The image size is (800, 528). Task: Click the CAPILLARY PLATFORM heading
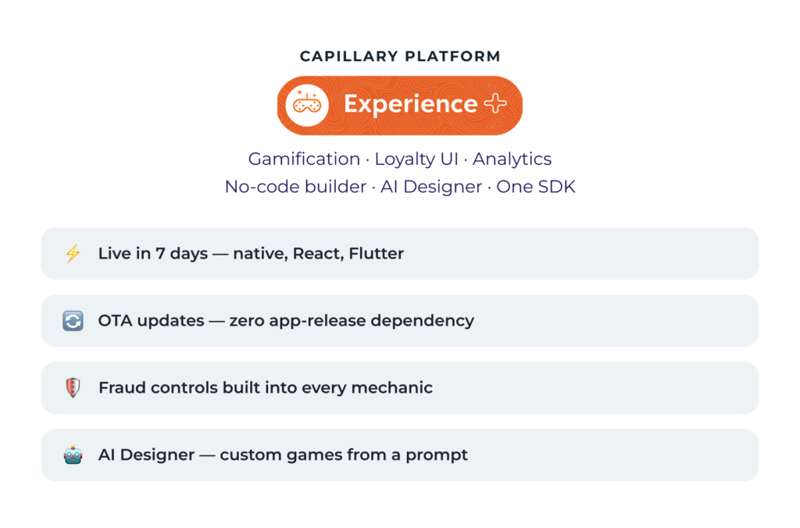click(400, 56)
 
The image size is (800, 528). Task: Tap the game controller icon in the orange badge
click(306, 105)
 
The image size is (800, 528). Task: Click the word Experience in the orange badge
click(411, 105)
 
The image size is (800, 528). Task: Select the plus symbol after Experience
click(495, 104)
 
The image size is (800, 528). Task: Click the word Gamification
click(304, 159)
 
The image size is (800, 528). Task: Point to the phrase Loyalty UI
click(416, 159)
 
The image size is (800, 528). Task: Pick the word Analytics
click(512, 159)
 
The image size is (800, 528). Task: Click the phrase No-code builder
click(295, 187)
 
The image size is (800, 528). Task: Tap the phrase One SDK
click(536, 187)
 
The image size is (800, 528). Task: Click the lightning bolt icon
click(73, 254)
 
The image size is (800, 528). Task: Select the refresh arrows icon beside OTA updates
click(73, 321)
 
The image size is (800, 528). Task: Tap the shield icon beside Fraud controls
click(73, 387)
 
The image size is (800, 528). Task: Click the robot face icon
click(73, 455)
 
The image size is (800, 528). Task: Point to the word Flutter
click(376, 254)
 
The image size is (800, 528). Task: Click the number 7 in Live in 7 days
click(160, 254)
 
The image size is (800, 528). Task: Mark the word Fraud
click(123, 387)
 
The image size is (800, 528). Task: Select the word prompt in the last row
click(436, 455)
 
